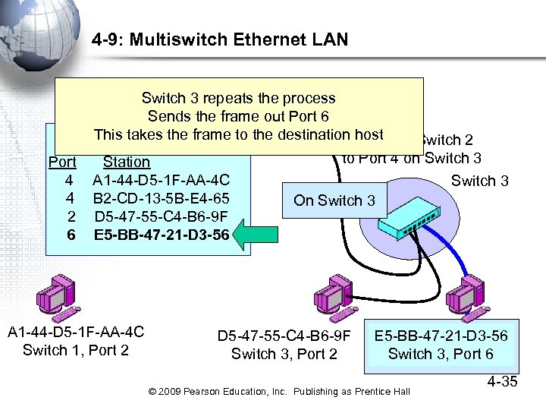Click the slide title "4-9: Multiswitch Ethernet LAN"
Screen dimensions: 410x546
tap(220, 39)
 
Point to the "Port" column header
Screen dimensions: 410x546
tap(62, 162)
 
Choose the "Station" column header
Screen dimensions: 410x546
tap(127, 162)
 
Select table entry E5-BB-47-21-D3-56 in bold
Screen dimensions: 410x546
tap(161, 235)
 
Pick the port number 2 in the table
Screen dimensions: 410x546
tap(70, 216)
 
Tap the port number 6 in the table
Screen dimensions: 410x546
tap(71, 235)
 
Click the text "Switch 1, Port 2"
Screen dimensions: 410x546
tap(76, 350)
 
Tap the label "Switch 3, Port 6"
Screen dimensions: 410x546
tap(441, 354)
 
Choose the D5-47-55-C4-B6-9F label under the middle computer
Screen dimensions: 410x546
tap(284, 336)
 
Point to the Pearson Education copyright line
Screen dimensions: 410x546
tap(280, 391)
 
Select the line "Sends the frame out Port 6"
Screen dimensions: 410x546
tap(238, 116)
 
